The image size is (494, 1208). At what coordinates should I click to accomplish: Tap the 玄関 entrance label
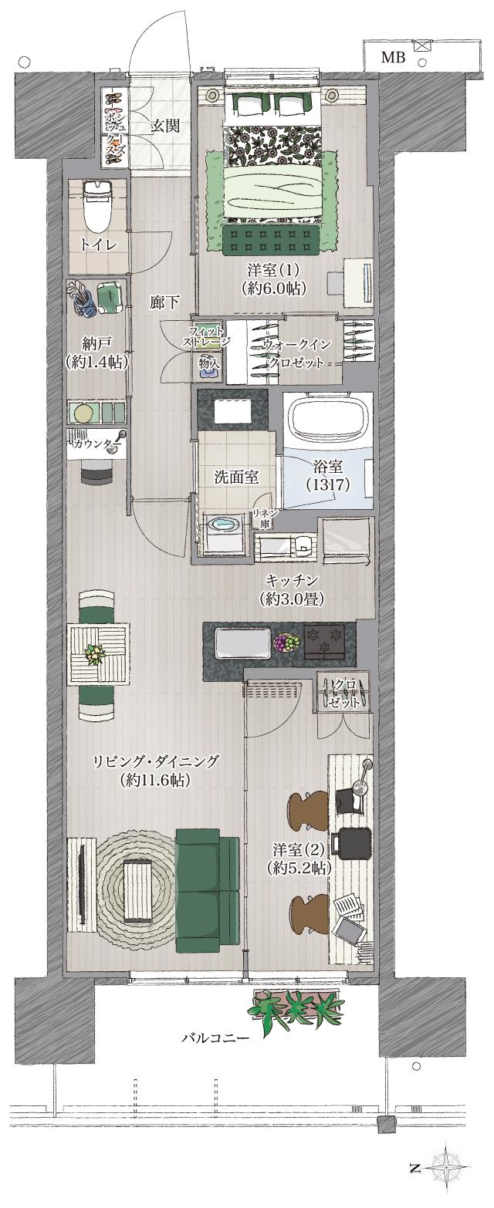164,126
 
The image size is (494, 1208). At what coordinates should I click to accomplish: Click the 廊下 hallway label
164,303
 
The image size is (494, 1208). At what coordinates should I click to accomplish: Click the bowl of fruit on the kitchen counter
286,642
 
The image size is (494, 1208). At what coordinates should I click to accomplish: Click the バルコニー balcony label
215,1038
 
